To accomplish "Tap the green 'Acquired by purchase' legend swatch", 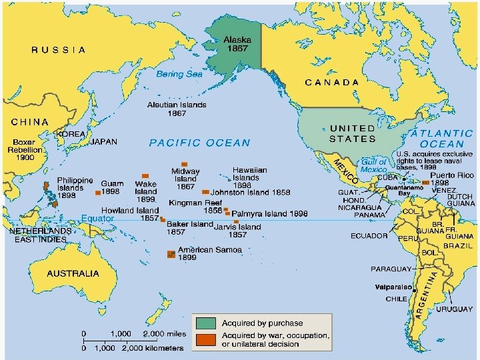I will pyautogui.click(x=206, y=323).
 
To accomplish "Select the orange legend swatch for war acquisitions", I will pyautogui.click(x=206, y=340).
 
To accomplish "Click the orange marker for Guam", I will pyautogui.click(x=98, y=193).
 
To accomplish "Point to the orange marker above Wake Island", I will pyautogui.click(x=145, y=175).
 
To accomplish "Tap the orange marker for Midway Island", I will pyautogui.click(x=185, y=163).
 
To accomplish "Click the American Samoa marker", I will pyautogui.click(x=171, y=254).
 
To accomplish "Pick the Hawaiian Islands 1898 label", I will pyautogui.click(x=250, y=178).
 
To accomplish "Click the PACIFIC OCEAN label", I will pyautogui.click(x=199, y=143).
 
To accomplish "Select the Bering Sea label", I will pyautogui.click(x=179, y=75).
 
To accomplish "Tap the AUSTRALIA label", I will pyautogui.click(x=73, y=273).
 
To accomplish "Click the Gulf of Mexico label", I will pyautogui.click(x=374, y=166).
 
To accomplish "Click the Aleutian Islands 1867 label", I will pyautogui.click(x=177, y=109).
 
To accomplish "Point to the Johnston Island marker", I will pyautogui.click(x=205, y=193).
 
